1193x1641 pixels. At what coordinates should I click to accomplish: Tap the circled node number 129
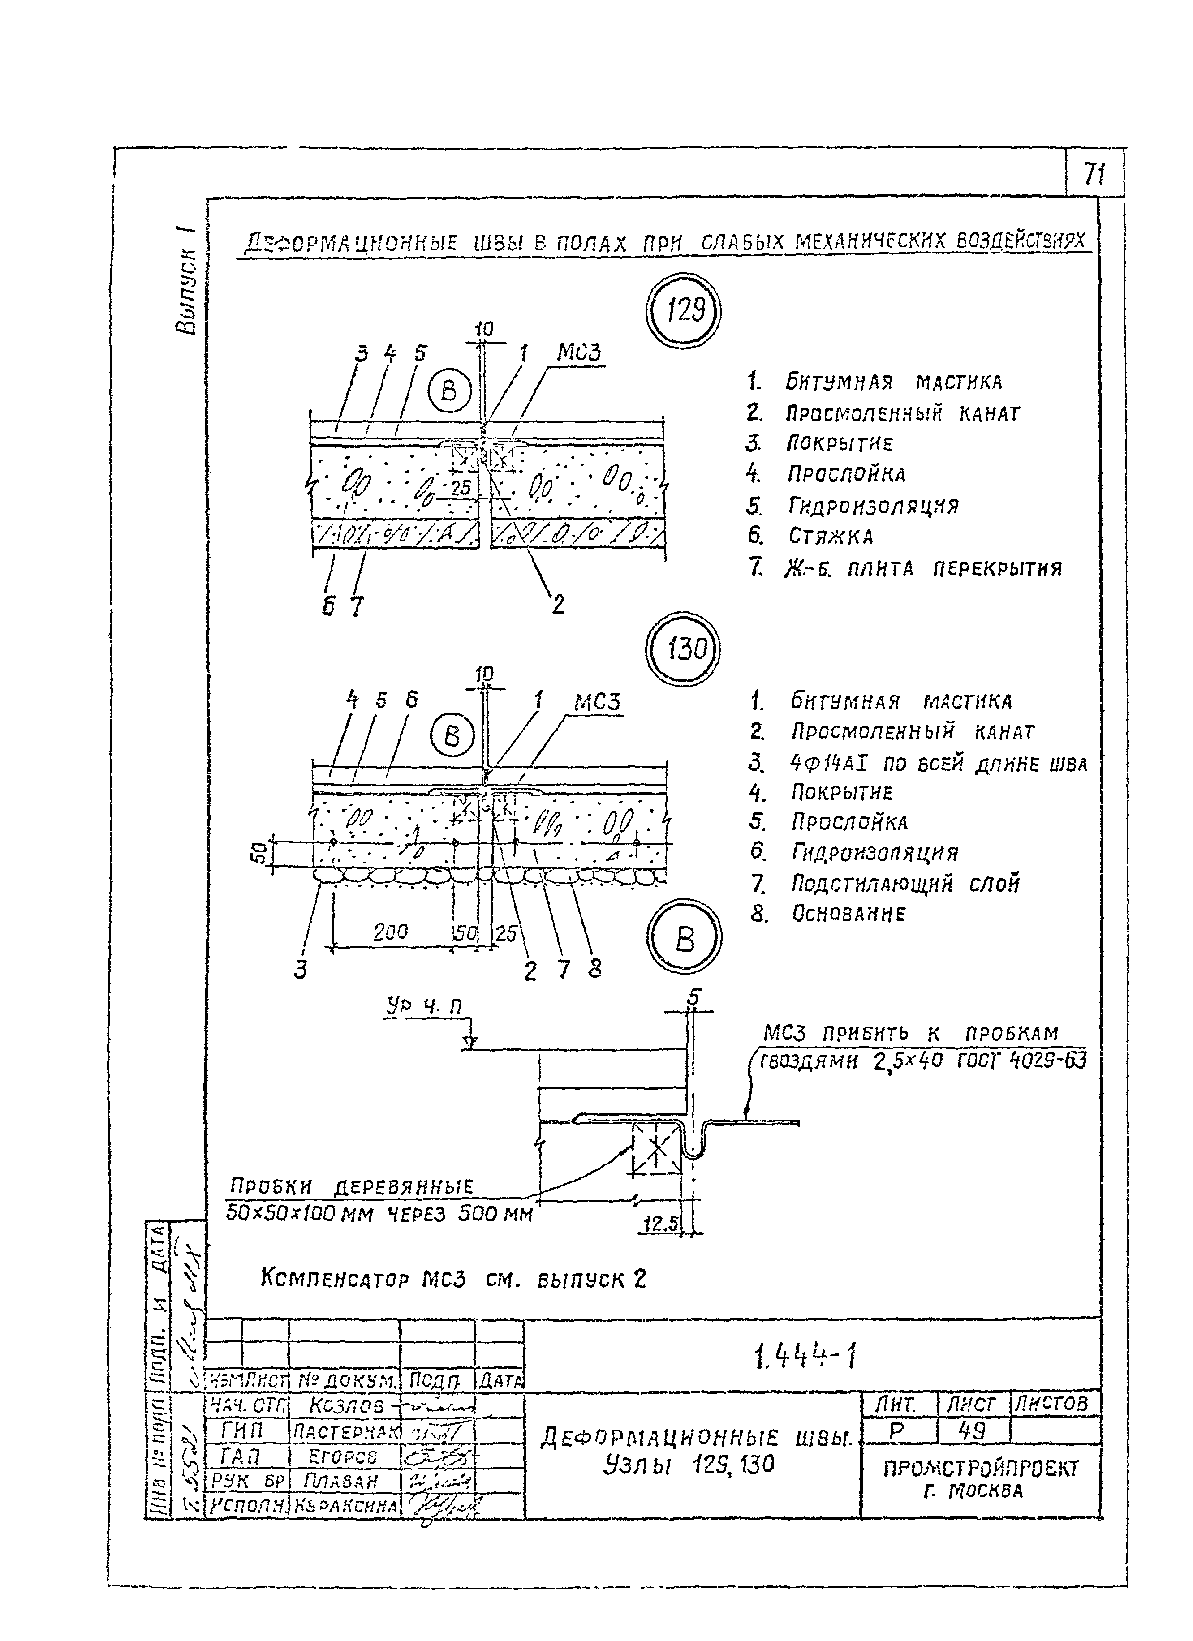pos(684,312)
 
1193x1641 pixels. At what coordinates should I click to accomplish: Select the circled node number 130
pos(684,649)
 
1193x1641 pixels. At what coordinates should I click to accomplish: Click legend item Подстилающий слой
pos(905,884)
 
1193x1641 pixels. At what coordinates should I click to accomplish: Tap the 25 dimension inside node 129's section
pos(461,488)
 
